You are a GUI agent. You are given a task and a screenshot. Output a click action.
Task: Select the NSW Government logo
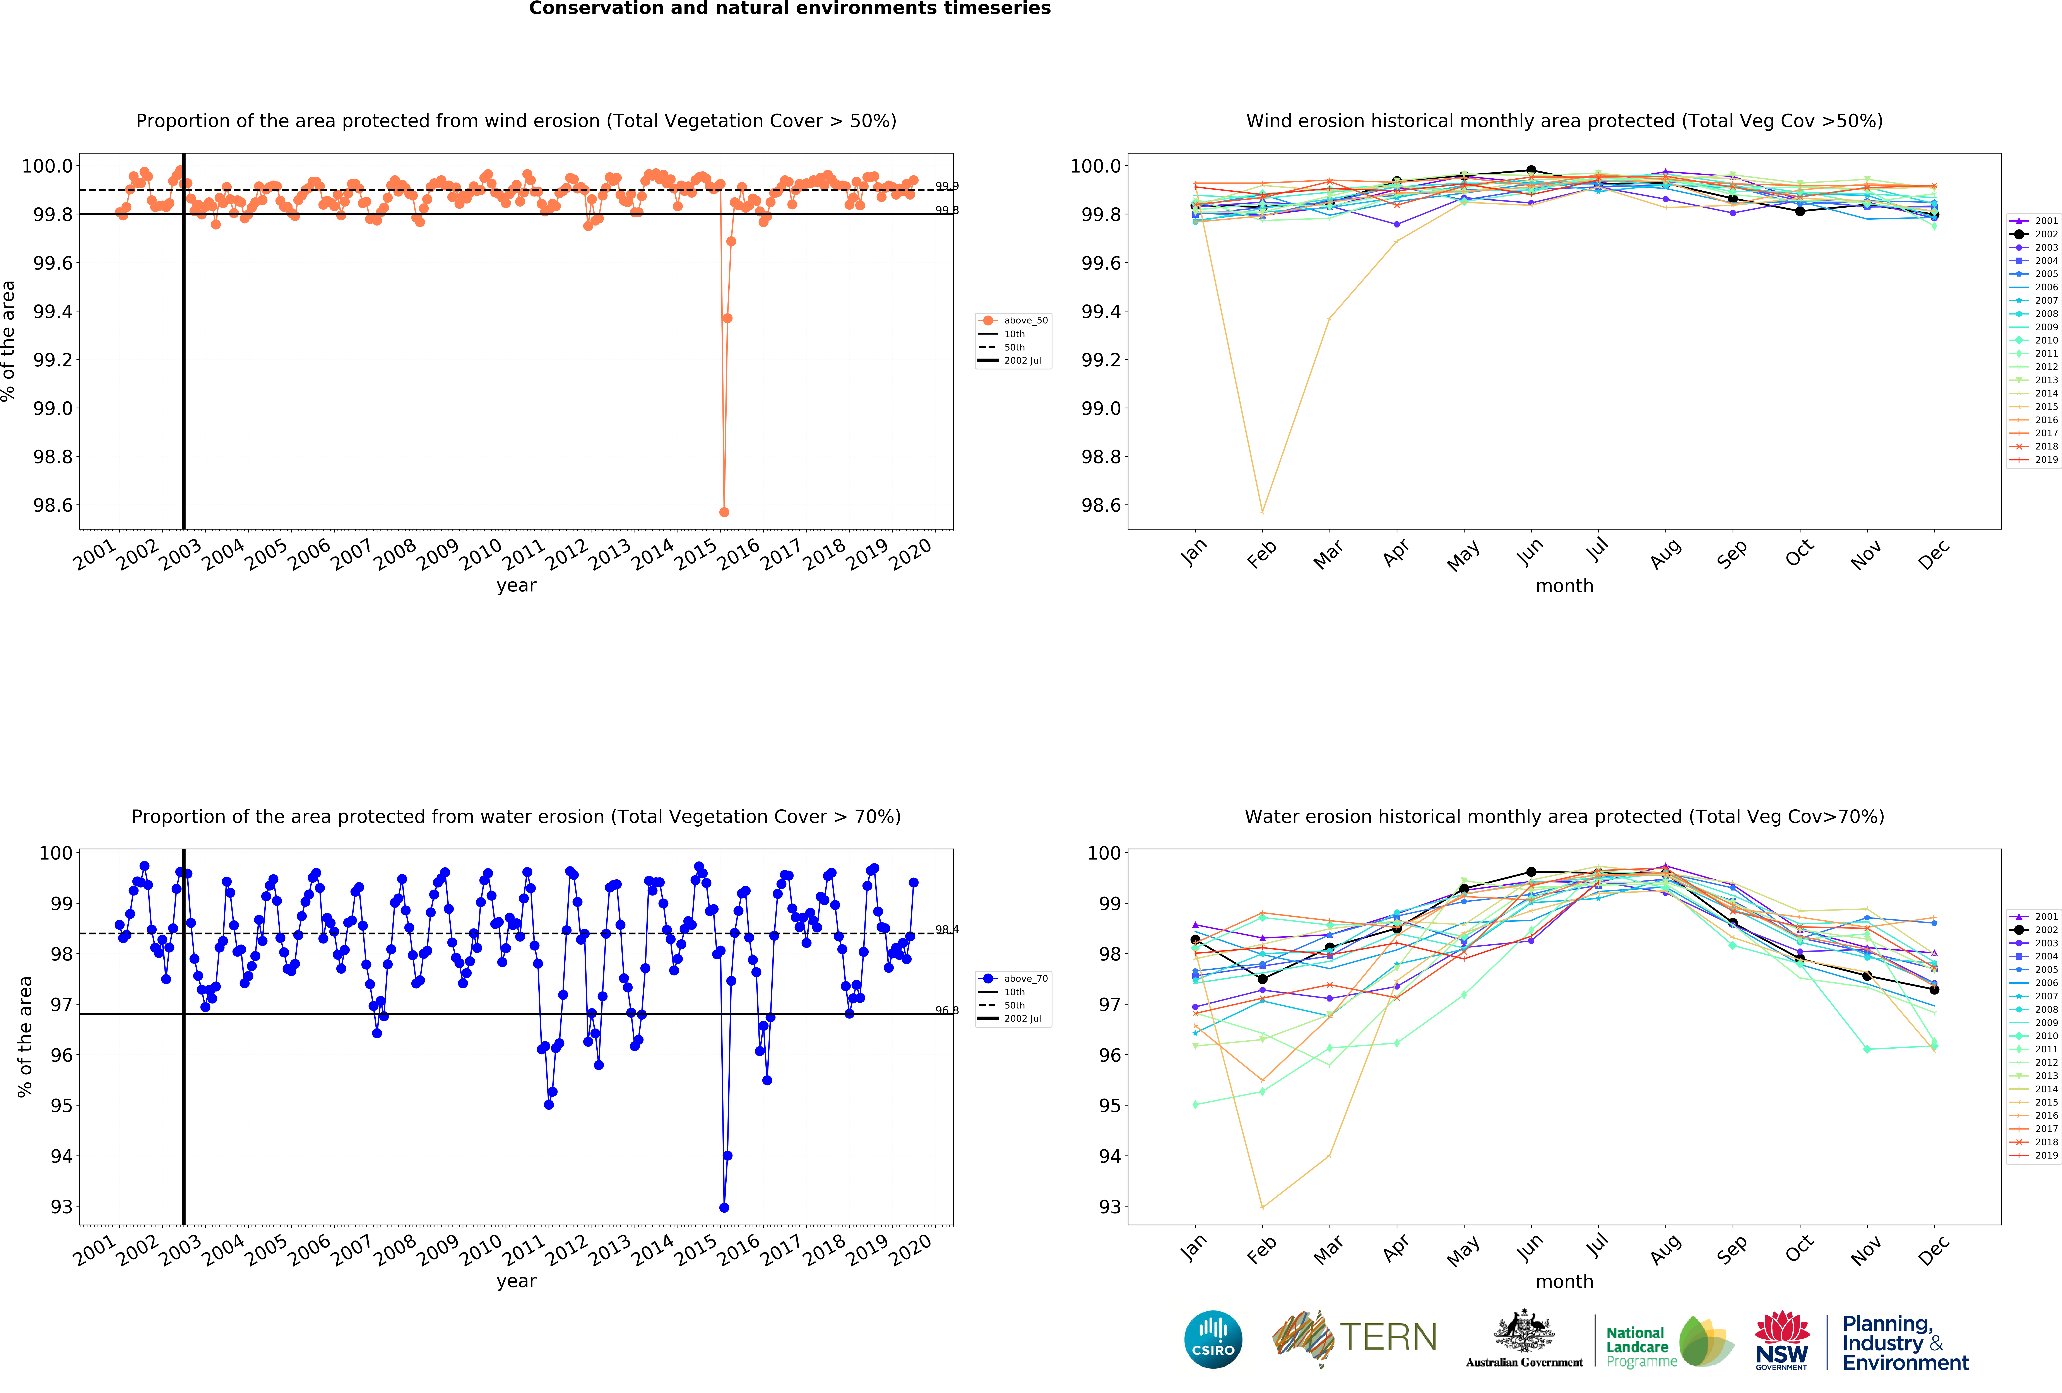[x=1781, y=1342]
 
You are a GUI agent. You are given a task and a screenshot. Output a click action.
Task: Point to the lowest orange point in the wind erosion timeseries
[x=724, y=512]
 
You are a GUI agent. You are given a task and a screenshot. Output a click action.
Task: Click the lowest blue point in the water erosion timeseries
[x=724, y=1208]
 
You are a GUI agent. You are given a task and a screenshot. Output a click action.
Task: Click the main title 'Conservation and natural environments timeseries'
[x=790, y=9]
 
